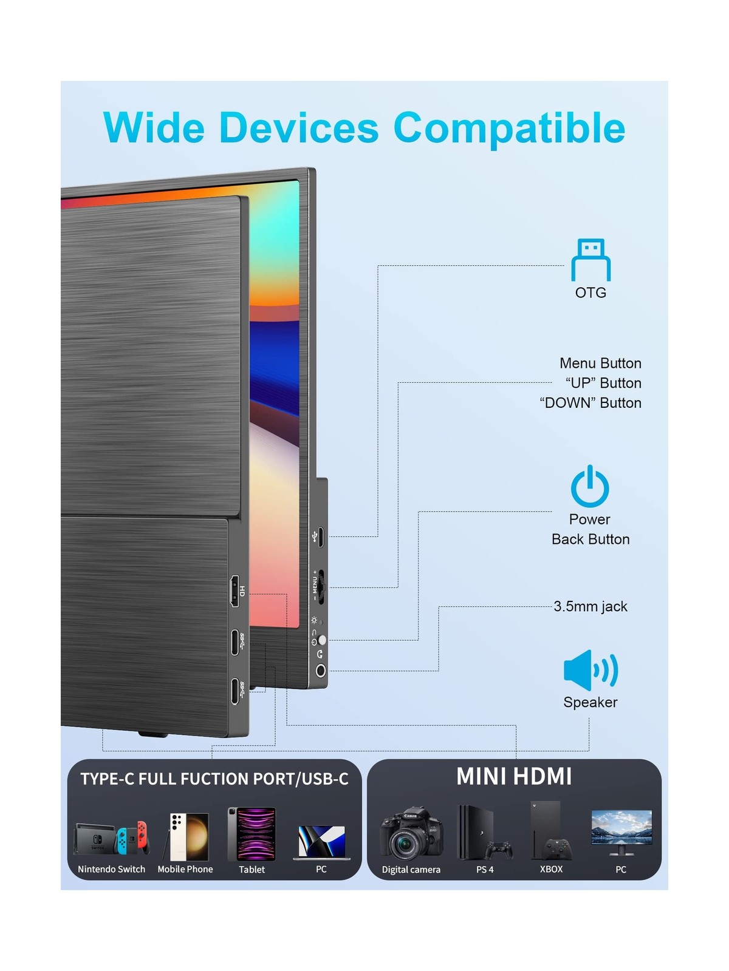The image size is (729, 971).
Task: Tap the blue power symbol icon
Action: (589, 486)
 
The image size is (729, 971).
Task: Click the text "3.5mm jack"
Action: (590, 606)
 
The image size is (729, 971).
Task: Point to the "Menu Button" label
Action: (600, 363)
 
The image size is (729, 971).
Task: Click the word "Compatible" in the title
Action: (509, 128)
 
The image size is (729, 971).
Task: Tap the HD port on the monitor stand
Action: (235, 592)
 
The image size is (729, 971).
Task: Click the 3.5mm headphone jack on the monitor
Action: (321, 671)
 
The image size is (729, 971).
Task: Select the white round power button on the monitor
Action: (322, 640)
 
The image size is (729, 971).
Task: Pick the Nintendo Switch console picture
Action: (111, 838)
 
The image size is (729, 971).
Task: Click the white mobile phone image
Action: (188, 837)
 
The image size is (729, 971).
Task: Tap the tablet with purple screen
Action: (252, 834)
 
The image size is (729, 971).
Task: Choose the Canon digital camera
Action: (411, 833)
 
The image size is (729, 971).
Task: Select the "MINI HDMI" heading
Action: (514, 777)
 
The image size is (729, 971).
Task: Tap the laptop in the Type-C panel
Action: (321, 842)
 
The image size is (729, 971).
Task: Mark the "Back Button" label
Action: (590, 539)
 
